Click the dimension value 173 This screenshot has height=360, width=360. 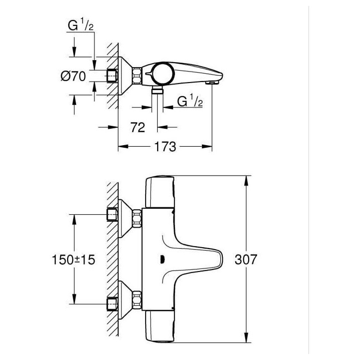tap(165, 147)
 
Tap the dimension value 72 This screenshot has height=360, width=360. tap(138, 127)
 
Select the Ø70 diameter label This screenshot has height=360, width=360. tap(73, 76)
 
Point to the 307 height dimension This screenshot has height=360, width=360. tap(246, 260)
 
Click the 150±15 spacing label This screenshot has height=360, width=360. tap(73, 260)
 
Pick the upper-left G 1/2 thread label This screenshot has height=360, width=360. tap(81, 25)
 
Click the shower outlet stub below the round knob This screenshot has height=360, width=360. tap(157, 90)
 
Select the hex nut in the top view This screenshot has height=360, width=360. tap(137, 75)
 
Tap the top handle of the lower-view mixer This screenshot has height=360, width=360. tap(160, 191)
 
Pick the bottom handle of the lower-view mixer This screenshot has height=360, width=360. tap(160, 327)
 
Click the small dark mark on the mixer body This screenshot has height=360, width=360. tap(162, 260)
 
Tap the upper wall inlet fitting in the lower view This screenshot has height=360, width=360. tap(112, 215)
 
